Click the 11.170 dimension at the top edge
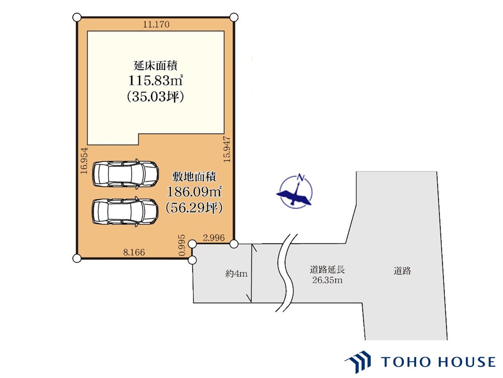[x=156, y=24]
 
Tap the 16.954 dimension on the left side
[x=83, y=161]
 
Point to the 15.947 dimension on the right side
[x=227, y=149]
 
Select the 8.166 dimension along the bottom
[x=134, y=252]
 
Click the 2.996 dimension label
[x=214, y=237]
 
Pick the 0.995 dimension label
[x=182, y=245]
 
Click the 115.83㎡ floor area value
[x=156, y=81]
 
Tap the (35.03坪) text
[x=156, y=96]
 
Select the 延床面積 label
[x=156, y=65]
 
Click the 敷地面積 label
[x=194, y=176]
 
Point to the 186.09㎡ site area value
[x=194, y=192]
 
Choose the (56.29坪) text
[x=194, y=208]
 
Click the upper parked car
[x=125, y=173]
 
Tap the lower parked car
[x=125, y=211]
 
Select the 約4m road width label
[x=236, y=273]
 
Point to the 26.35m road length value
[x=327, y=280]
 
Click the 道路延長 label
[x=327, y=270]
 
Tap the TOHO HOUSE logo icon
[x=358, y=361]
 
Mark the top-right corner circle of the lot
[x=234, y=17]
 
